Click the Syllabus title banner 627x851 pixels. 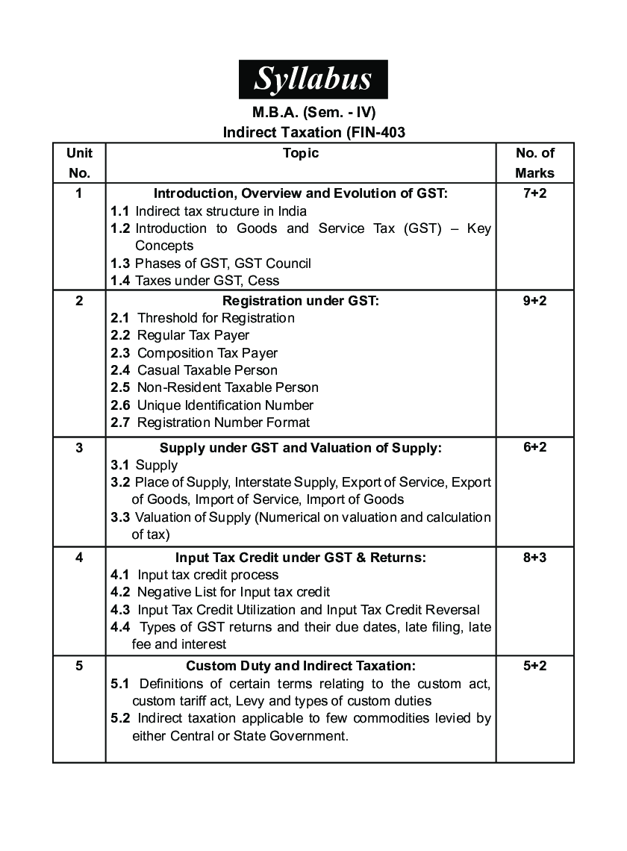click(x=313, y=79)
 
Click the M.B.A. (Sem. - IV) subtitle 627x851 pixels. click(x=313, y=113)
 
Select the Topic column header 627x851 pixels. click(x=301, y=153)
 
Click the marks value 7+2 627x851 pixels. click(x=534, y=193)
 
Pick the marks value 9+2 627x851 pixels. click(x=534, y=301)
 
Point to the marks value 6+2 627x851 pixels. click(x=534, y=447)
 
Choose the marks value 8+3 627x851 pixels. click(x=534, y=557)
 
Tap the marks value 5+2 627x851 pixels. click(x=534, y=665)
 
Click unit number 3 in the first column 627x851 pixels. click(x=79, y=447)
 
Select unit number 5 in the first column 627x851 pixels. click(x=79, y=665)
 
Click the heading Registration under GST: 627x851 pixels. click(x=301, y=301)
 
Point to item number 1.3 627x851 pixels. click(x=120, y=264)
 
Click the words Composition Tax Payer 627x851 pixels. click(x=208, y=353)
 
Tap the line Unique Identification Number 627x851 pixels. click(x=225, y=405)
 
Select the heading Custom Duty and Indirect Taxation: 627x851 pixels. click(x=301, y=665)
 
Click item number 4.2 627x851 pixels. click(x=120, y=593)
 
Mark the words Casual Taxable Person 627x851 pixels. click(x=208, y=370)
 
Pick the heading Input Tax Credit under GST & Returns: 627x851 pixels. click(x=301, y=557)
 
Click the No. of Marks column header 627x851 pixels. click(x=534, y=163)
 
